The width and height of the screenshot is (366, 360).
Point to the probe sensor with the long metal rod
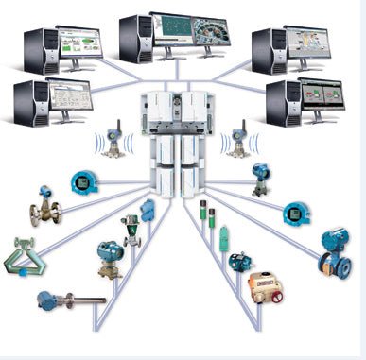pyautogui.click(x=66, y=302)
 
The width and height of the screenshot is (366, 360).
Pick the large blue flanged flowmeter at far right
pyautogui.click(x=335, y=250)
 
